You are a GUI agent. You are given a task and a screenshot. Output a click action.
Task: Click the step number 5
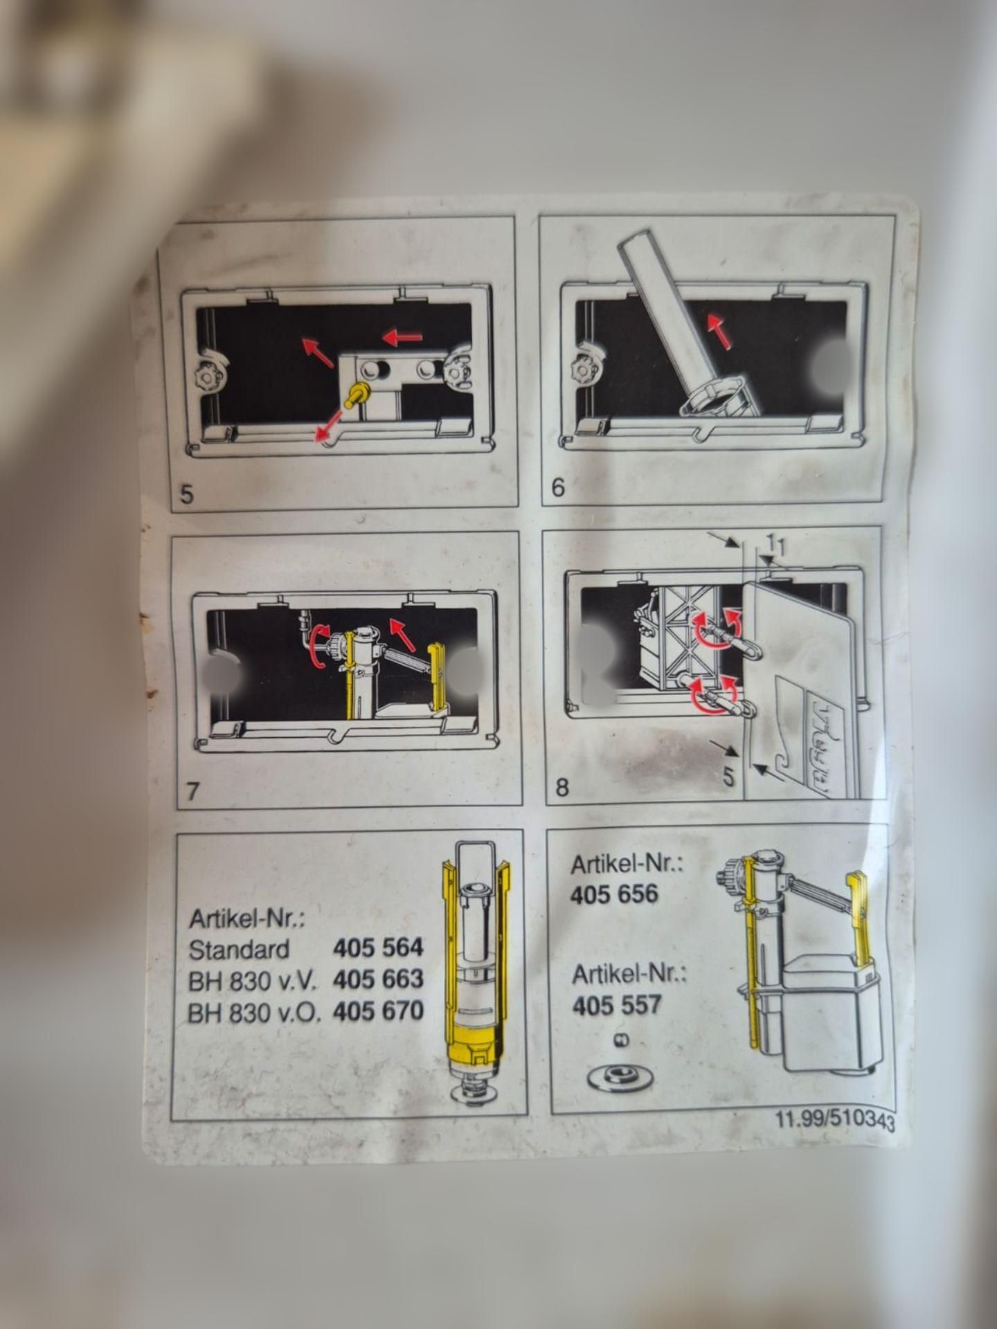tap(187, 496)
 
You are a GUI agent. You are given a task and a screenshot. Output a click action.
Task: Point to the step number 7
tap(193, 791)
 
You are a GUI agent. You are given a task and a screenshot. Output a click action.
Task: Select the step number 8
tap(562, 787)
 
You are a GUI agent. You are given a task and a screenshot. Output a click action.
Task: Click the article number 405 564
tap(378, 947)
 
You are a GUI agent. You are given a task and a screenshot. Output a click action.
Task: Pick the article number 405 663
tap(378, 979)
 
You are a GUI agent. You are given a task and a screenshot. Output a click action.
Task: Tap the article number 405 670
tap(378, 1011)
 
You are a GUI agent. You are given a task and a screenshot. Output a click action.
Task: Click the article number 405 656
tap(614, 894)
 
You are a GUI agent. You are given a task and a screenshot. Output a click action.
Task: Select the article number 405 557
tap(617, 1004)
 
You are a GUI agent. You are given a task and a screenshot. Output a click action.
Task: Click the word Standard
tap(239, 949)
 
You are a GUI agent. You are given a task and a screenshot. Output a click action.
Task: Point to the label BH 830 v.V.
tap(252, 981)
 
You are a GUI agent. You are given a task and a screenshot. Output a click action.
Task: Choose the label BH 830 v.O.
tap(254, 1013)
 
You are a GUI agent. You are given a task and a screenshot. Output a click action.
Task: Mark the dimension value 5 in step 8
tap(728, 777)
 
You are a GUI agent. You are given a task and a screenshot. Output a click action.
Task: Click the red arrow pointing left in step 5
tap(402, 338)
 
